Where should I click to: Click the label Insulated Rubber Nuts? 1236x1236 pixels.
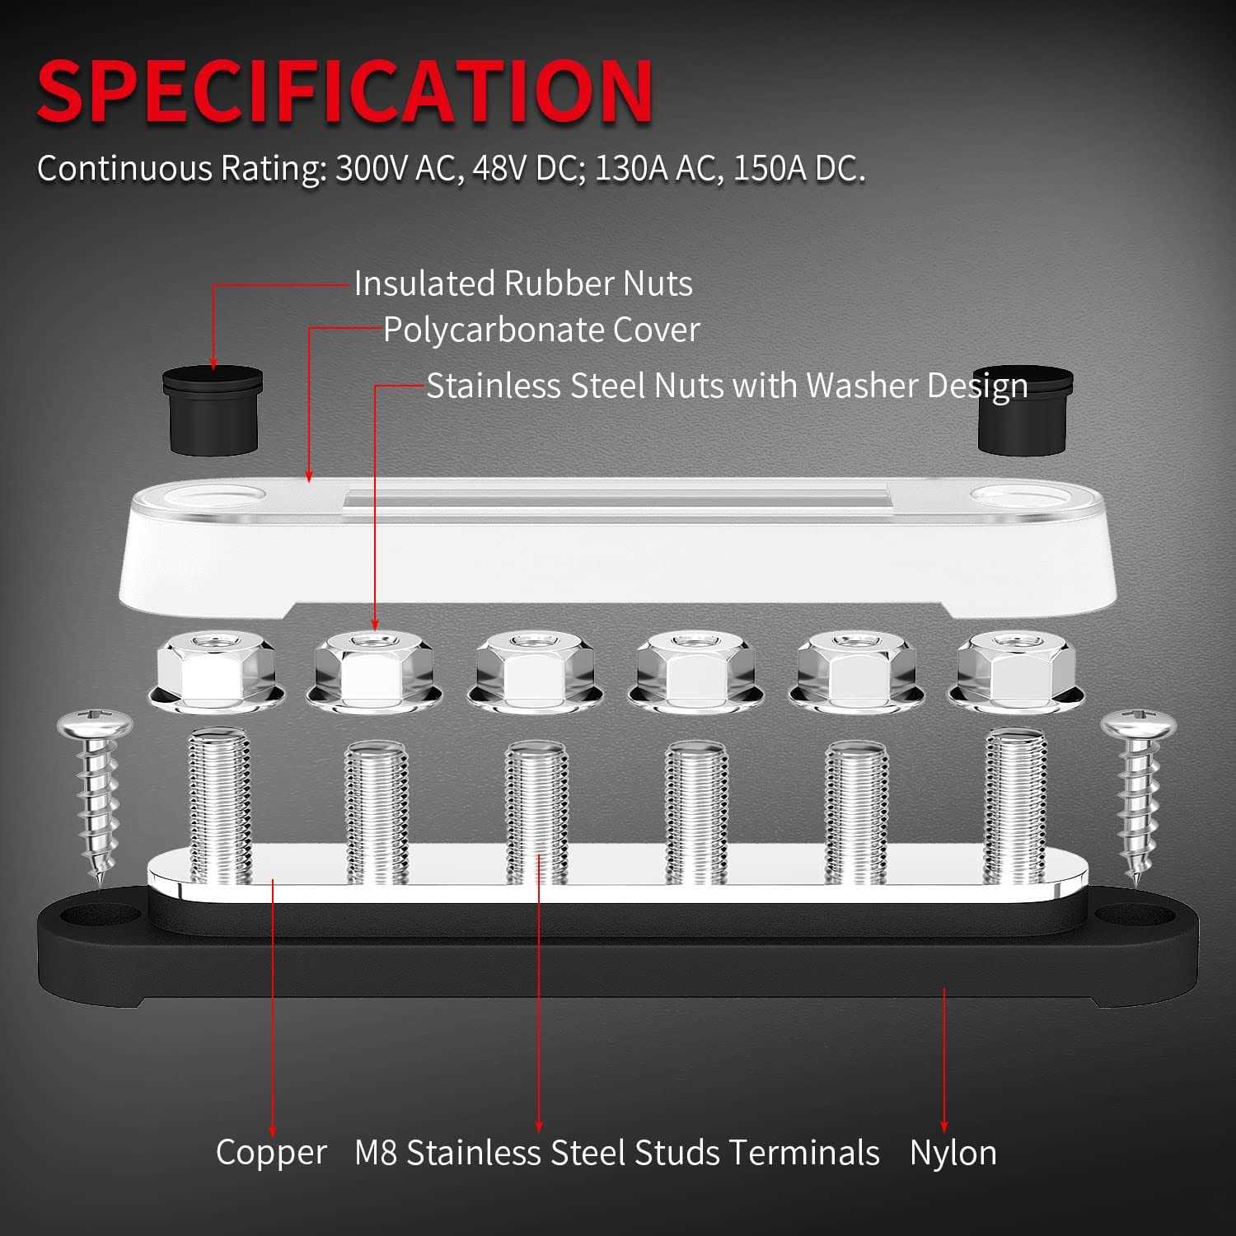[523, 283]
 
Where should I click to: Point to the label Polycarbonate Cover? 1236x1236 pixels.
[541, 330]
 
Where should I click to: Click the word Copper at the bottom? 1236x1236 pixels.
[271, 1152]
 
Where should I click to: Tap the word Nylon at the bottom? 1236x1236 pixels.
[953, 1152]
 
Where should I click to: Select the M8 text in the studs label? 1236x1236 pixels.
[376, 1152]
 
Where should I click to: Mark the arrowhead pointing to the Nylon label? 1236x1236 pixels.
[944, 1126]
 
